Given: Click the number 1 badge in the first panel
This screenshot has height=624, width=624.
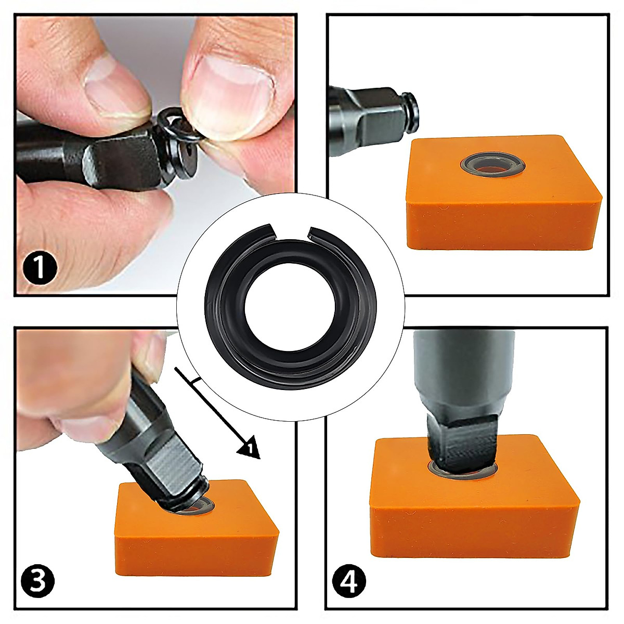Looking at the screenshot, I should tap(40, 267).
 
